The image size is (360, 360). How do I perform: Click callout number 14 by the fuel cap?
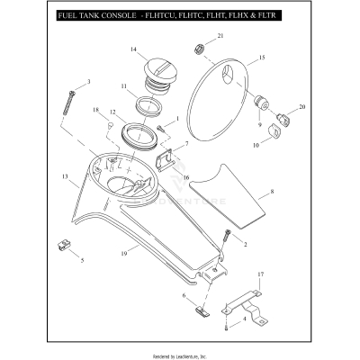132,49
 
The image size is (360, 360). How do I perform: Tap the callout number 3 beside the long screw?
88,83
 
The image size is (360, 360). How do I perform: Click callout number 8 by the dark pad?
273,193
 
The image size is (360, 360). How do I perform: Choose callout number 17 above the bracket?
260,274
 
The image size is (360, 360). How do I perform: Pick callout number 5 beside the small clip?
82,261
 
